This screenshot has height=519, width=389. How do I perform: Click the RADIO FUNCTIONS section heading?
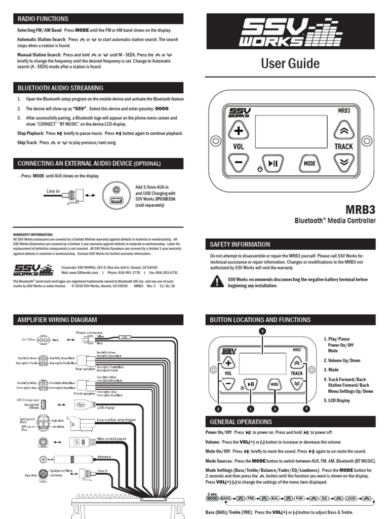pos(43,19)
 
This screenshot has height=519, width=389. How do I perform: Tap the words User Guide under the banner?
pos(290,63)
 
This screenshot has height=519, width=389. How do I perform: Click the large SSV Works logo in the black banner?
pos(290,33)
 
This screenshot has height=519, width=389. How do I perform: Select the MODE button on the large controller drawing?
pos(309,163)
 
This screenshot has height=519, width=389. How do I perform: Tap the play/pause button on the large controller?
pos(273,163)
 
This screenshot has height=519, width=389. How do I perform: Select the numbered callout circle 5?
pos(262,331)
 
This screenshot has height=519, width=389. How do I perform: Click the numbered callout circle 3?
pos(275,409)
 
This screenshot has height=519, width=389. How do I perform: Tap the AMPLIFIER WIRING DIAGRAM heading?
pos(57,320)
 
